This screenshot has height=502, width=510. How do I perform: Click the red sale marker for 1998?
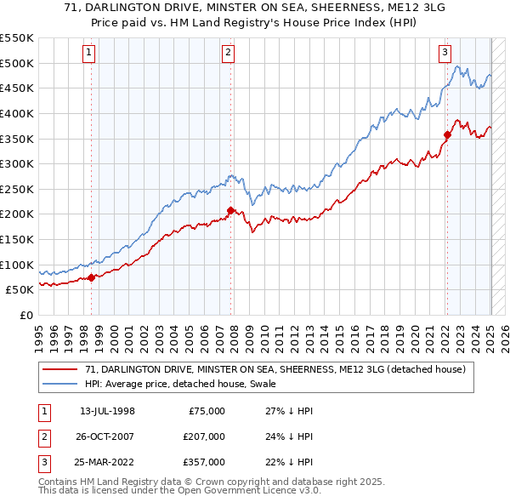tap(91, 277)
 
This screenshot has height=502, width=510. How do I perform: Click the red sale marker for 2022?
tap(447, 134)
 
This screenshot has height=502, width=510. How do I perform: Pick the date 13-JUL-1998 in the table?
tap(107, 411)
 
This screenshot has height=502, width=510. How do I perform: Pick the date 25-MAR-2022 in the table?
tap(107, 462)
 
